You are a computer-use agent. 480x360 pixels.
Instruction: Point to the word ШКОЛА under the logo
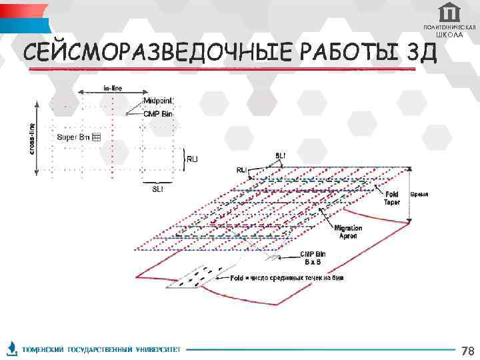click(x=450, y=35)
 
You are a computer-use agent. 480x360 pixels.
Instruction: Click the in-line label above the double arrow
click(x=112, y=87)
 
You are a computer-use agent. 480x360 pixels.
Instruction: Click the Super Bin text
click(x=73, y=137)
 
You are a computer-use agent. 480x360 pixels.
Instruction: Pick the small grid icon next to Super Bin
click(x=95, y=137)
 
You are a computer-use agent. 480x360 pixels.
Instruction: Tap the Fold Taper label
click(x=391, y=198)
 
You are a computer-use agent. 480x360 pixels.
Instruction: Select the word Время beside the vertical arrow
click(x=419, y=194)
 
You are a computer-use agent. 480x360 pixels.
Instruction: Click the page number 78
click(x=467, y=350)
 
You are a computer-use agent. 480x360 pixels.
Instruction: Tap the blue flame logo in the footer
click(x=11, y=349)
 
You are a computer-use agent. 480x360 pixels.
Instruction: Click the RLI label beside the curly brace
click(x=192, y=159)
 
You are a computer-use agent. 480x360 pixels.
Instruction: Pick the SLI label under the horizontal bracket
click(x=157, y=189)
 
